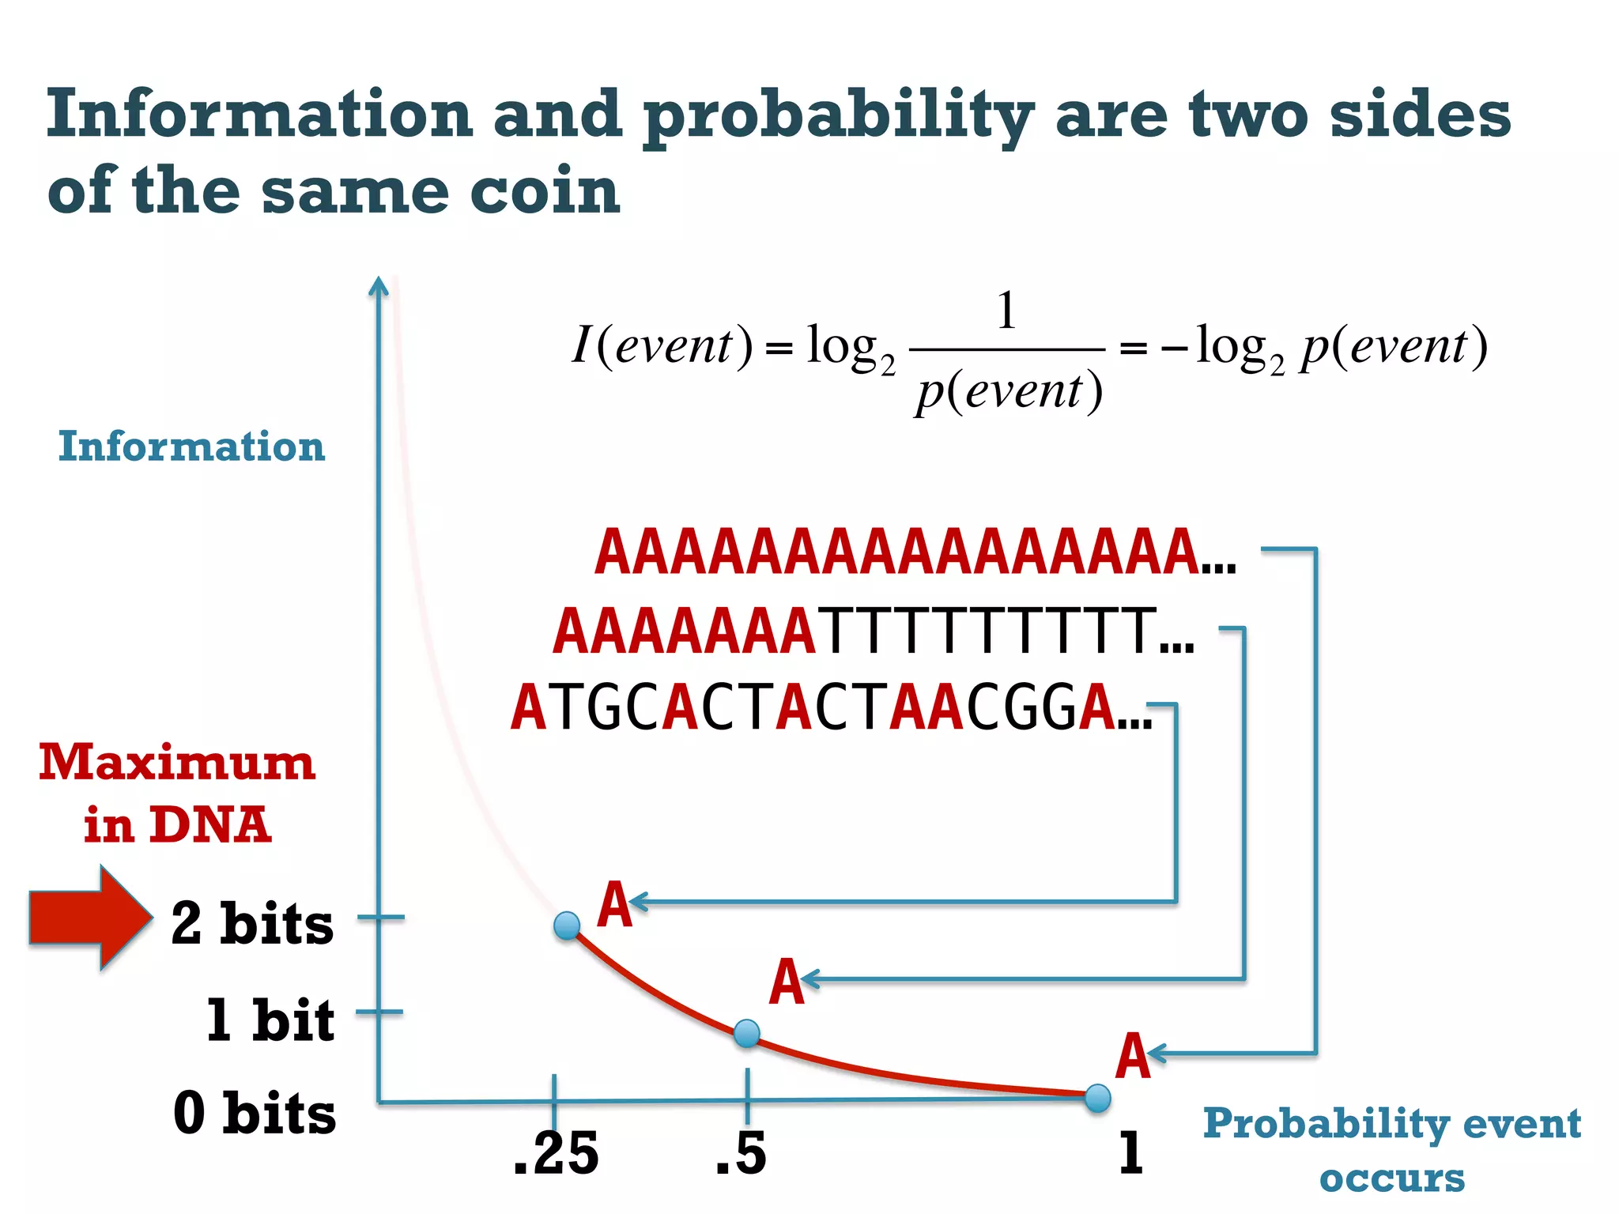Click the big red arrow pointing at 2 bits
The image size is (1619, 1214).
(x=89, y=917)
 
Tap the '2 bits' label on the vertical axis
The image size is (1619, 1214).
(x=252, y=923)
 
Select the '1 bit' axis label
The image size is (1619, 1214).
(x=270, y=1020)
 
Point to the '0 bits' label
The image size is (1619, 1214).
(x=255, y=1113)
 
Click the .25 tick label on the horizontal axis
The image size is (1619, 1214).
(x=556, y=1154)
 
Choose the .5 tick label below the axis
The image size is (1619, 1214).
(x=741, y=1154)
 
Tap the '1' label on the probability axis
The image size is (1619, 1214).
(x=1130, y=1152)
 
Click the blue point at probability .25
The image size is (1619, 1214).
(x=567, y=925)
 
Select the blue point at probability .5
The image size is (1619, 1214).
(x=747, y=1033)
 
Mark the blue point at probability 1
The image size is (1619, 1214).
(x=1098, y=1098)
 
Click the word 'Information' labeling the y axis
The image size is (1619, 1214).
(x=191, y=447)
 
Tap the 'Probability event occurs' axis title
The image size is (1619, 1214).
(x=1391, y=1150)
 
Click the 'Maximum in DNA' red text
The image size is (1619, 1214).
(x=177, y=794)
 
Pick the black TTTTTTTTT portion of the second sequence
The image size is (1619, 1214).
(x=988, y=632)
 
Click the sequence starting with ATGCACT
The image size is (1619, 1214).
(x=822, y=707)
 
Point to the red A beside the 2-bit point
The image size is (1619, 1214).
(x=614, y=905)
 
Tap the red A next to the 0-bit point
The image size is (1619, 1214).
(x=1132, y=1056)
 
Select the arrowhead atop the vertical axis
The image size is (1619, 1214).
(x=379, y=285)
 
